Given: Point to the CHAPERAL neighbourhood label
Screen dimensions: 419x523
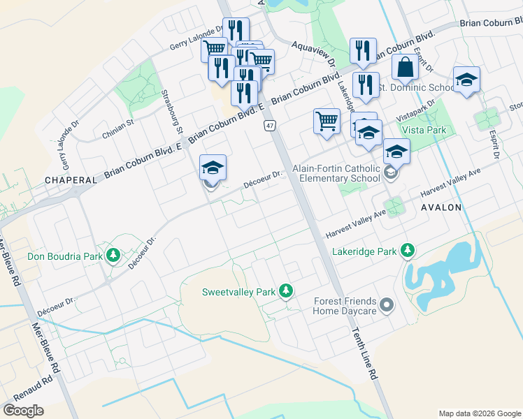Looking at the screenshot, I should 71,180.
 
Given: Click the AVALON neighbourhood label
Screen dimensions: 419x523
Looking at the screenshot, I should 442,207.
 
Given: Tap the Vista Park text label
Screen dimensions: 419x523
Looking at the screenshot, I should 424,130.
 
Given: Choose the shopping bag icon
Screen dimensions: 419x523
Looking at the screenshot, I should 405,69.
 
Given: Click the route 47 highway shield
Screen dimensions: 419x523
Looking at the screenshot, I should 270,126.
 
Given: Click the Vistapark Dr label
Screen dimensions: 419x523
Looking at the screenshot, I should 416,111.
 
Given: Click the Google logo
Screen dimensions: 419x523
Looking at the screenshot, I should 23,410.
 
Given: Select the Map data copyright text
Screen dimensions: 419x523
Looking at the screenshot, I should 479,413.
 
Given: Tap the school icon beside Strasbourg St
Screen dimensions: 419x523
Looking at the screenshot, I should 213,170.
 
